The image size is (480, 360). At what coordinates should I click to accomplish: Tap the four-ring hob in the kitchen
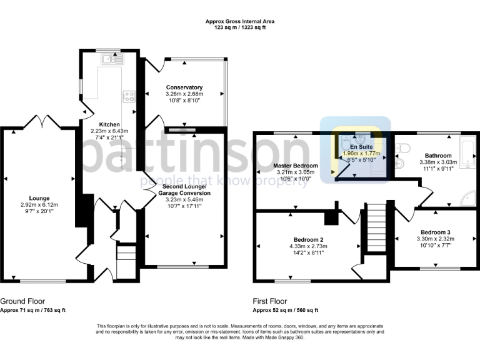point(130,96)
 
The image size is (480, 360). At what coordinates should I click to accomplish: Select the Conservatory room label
point(184,87)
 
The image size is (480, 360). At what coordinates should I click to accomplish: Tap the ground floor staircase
point(126,256)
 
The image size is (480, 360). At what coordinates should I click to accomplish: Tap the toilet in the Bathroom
point(404,148)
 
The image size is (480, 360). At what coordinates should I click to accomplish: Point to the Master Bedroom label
point(296,166)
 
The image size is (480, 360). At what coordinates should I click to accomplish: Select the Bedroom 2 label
point(308,239)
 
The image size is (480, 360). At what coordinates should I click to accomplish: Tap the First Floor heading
point(271,301)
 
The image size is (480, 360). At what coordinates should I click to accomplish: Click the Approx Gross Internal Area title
point(240,21)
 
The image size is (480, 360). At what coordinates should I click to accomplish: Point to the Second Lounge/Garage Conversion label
point(186,190)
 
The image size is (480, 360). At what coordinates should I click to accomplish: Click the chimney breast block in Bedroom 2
point(329,219)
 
